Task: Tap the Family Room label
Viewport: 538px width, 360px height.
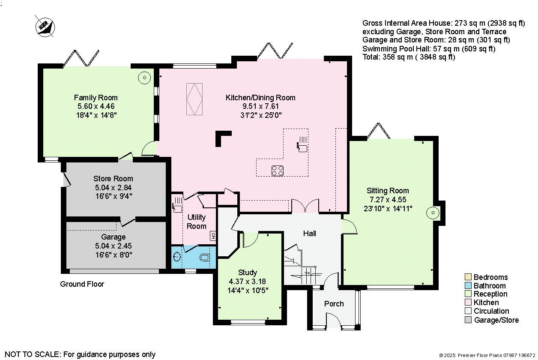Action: pos(96,98)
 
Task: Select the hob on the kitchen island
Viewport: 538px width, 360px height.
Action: pos(278,170)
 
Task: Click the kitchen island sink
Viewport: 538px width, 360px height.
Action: pos(302,147)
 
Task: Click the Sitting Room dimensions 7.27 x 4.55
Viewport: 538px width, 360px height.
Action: pos(387,200)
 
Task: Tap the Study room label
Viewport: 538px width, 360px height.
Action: pos(248,273)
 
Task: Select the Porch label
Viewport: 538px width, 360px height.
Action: pos(334,304)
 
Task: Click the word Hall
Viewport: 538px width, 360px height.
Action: pos(309,234)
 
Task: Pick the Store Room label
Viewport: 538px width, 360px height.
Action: pos(113,179)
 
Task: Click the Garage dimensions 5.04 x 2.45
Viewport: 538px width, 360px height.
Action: pos(113,246)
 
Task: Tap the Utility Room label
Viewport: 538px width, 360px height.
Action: pos(197,222)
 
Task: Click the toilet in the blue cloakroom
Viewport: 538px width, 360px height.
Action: pos(205,257)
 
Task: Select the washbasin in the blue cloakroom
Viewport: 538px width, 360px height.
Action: pos(178,257)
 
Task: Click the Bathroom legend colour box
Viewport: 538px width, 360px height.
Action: pos(468,286)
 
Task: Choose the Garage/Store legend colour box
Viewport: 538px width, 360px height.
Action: pos(468,320)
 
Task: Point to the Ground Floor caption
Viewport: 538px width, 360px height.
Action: pos(82,284)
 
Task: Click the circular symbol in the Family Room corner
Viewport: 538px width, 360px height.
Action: pos(144,78)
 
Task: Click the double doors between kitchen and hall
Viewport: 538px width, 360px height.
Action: pos(305,207)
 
